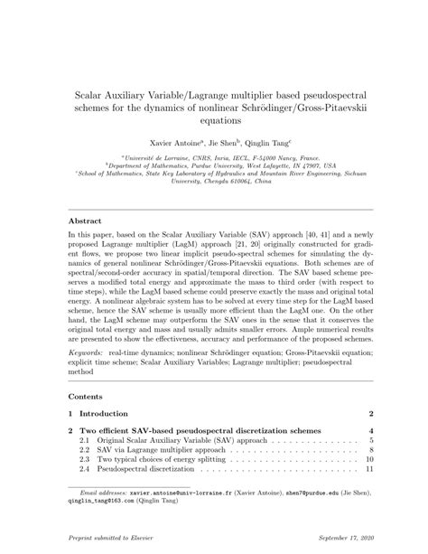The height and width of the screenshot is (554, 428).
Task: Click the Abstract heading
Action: pos(86,221)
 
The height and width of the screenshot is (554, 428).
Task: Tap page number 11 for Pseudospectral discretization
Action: pos(369,470)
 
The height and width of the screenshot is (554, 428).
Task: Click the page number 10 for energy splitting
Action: pos(369,459)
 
